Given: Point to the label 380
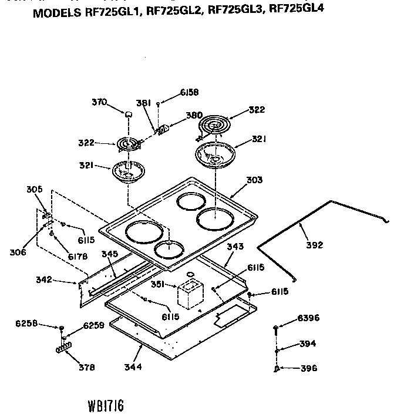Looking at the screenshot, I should point(194,116).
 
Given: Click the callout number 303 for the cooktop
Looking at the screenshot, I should point(254,180).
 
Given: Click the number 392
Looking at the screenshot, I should point(315,245).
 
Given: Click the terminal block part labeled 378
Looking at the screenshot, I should point(63,349).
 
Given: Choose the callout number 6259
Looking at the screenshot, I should point(93,325).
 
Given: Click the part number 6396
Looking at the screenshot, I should point(308,318).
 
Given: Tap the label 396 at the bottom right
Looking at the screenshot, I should point(308,369).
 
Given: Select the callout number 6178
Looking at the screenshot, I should point(78,257).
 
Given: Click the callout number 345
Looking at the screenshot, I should point(110,254).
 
